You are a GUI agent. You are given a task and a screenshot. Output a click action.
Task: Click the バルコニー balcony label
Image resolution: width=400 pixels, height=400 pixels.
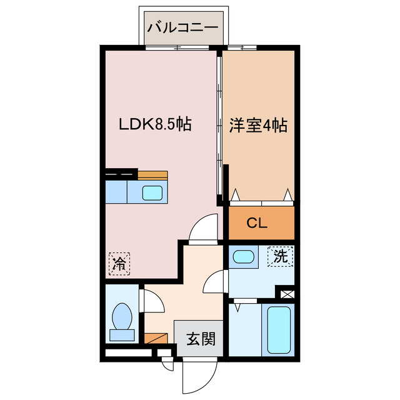(x=182, y=27)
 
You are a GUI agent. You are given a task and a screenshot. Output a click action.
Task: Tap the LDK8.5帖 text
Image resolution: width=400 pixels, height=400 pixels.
(x=155, y=124)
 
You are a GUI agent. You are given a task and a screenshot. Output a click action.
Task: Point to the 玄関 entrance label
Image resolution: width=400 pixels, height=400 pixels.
(x=200, y=339)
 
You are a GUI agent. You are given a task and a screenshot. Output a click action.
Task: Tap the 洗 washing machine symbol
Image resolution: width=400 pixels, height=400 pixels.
(x=281, y=256)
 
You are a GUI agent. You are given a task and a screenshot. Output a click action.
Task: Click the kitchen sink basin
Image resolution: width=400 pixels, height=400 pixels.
(x=153, y=192)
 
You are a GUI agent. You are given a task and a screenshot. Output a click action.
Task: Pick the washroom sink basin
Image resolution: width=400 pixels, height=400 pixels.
(x=244, y=257)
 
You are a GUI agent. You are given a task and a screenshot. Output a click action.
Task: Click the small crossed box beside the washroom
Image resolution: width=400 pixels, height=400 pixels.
(x=287, y=292)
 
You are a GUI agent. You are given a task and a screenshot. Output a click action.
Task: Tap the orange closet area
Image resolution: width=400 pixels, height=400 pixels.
(x=261, y=223)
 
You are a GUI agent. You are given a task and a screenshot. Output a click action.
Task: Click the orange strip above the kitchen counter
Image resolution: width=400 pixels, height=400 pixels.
(x=152, y=175)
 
